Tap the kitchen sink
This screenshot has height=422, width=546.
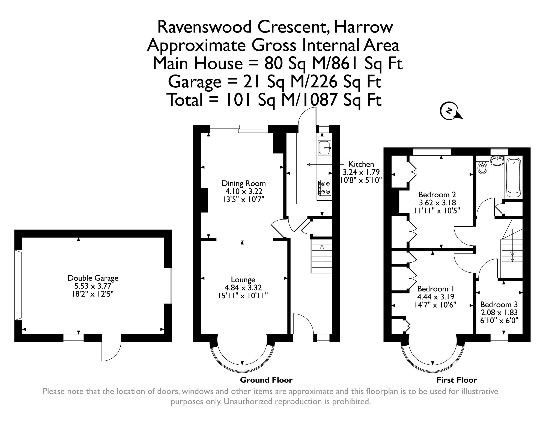coord(324,147)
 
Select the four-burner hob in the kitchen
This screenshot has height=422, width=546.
coord(324,188)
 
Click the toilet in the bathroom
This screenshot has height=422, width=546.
coord(482,167)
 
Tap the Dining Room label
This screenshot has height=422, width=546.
coord(243,183)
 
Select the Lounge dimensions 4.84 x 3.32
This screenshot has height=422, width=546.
coord(243,287)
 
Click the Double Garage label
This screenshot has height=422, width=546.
coord(93,278)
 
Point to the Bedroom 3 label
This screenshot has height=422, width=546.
coord(499,304)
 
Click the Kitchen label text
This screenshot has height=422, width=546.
coord(361,164)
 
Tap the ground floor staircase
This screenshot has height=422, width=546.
coord(321,256)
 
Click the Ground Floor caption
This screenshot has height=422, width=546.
coord(266,380)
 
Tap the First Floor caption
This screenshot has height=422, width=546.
coord(457,380)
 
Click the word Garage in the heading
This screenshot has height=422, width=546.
coord(194,82)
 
